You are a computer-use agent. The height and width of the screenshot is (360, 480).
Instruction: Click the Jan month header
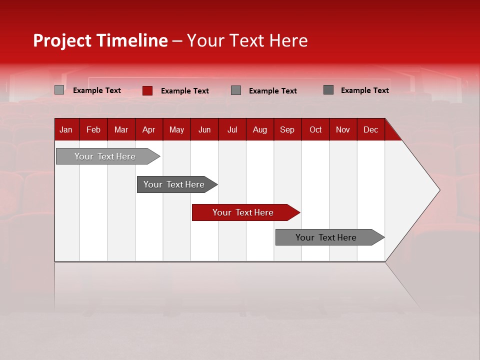[x=66, y=129]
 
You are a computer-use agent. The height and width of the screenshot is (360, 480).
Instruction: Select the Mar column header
[x=121, y=129]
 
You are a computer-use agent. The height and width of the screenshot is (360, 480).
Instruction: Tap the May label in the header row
[x=176, y=129]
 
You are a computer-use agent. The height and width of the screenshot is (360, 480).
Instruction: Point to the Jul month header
[x=232, y=129]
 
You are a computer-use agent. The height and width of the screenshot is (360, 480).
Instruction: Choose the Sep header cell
[x=287, y=129]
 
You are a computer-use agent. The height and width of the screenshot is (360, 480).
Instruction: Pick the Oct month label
[x=315, y=129]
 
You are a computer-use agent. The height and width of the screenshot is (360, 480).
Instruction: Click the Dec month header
[x=370, y=129]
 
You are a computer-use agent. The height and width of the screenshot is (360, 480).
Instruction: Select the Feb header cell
[x=93, y=129]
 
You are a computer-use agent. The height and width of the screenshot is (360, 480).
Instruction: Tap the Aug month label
[x=259, y=129]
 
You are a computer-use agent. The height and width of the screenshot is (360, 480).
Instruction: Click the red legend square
[x=147, y=90]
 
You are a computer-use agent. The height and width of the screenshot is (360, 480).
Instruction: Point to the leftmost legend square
[x=59, y=90]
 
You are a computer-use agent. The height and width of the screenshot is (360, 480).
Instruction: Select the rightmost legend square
[x=328, y=90]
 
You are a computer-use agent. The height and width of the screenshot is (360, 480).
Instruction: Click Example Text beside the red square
[x=185, y=91]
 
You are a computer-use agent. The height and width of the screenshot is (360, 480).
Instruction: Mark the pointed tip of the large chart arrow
[x=439, y=190]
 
